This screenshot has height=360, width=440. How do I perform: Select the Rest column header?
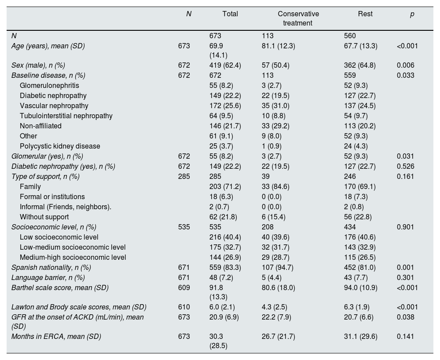365,14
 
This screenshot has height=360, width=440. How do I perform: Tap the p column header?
412,14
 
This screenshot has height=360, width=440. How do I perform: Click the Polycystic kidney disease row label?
60,146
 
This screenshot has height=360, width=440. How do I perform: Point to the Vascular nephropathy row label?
54,105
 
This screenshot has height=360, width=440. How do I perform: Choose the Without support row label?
44,217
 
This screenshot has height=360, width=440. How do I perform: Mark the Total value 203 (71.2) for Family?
225,186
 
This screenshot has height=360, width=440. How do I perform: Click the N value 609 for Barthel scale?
184,287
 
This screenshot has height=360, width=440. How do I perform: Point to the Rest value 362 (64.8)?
360,65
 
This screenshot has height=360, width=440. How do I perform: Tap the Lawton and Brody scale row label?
79,307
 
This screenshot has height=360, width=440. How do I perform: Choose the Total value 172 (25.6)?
225,105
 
